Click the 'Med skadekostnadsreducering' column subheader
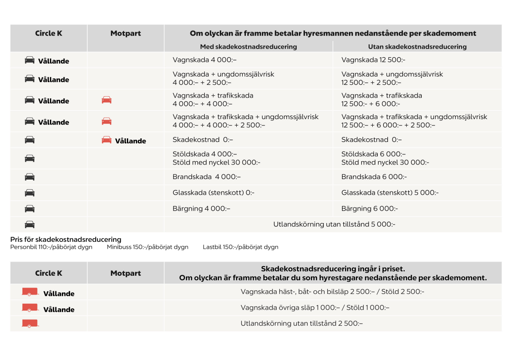click(x=248, y=47)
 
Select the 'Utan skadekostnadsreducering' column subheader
click(x=417, y=47)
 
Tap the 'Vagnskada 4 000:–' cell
click(x=204, y=60)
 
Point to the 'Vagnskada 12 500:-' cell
click(x=373, y=60)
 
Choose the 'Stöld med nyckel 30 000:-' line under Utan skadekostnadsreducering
click(x=385, y=162)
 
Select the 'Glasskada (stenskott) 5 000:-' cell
click(x=390, y=193)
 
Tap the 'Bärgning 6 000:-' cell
click(x=370, y=208)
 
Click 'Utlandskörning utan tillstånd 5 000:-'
click(x=334, y=224)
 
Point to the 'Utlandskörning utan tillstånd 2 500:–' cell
click(x=301, y=323)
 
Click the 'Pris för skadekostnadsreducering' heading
click(x=65, y=240)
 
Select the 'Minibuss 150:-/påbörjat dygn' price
click(x=147, y=247)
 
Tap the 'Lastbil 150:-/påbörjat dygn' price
click(x=240, y=247)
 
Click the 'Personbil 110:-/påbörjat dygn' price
click(x=51, y=247)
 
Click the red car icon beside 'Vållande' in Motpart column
click(x=107, y=140)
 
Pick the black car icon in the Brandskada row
click(x=30, y=177)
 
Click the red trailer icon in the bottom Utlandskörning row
click(x=30, y=323)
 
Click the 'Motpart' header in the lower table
click(x=125, y=273)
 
